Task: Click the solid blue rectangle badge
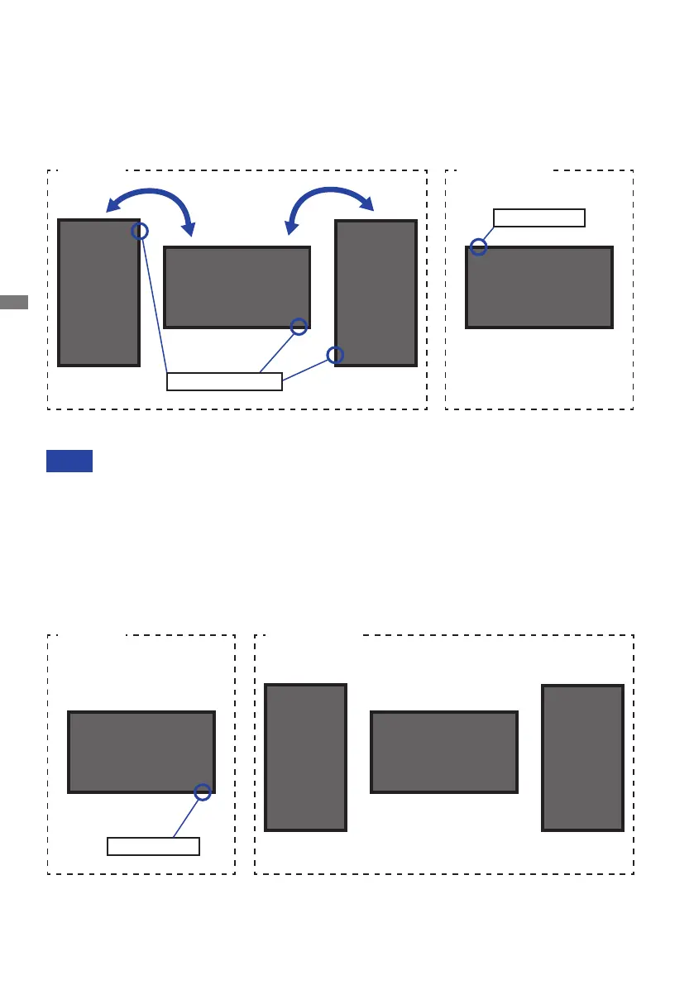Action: (x=69, y=461)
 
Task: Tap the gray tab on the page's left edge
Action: (x=14, y=302)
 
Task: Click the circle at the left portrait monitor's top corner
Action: (x=140, y=231)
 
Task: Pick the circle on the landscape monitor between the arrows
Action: (x=299, y=327)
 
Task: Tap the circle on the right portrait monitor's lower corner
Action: (x=335, y=355)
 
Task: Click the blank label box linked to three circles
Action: (x=224, y=381)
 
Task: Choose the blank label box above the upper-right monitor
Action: (x=538, y=218)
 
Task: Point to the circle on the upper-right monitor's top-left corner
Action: (x=478, y=246)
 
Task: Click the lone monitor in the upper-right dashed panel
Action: (x=539, y=287)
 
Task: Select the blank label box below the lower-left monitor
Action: (x=153, y=846)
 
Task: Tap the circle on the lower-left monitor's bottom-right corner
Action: (x=203, y=792)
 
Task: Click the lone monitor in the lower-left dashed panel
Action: (x=141, y=752)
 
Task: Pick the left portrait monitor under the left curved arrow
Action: (x=98, y=292)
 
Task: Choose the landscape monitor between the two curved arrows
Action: (x=237, y=287)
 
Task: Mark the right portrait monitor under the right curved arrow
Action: (x=376, y=292)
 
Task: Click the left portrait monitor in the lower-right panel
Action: (x=305, y=757)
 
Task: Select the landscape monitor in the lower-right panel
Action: (x=444, y=752)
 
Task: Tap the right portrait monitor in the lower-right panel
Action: (x=582, y=757)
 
